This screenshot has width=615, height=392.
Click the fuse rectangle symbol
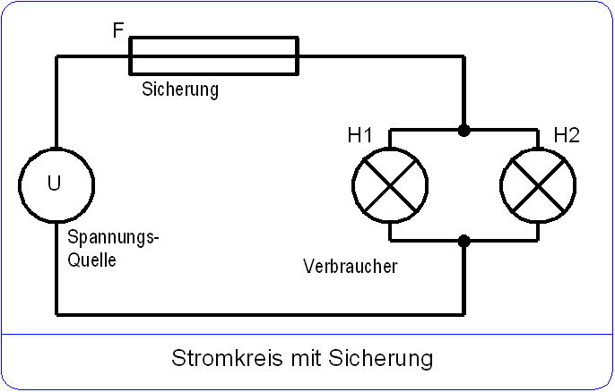tap(214, 55)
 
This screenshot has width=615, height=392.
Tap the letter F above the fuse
tap(118, 30)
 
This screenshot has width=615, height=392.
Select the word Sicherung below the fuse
tap(179, 90)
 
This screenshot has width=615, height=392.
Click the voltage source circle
tap(56, 185)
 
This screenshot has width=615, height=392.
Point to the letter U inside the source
tap(55, 183)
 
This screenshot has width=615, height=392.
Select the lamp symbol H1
tap(389, 185)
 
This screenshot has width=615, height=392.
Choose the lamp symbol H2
tap(538, 185)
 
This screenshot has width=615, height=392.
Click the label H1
tap(360, 136)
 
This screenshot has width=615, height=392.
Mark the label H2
tap(567, 136)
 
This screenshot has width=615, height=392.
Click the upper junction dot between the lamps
tap(463, 131)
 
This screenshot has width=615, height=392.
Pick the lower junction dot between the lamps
tap(463, 241)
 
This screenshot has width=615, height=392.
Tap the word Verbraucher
tap(350, 267)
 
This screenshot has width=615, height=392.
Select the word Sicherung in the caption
tap(380, 359)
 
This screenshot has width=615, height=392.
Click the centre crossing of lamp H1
tap(389, 185)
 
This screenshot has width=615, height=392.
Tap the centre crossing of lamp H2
tap(538, 185)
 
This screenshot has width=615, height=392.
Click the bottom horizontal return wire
tap(260, 315)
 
